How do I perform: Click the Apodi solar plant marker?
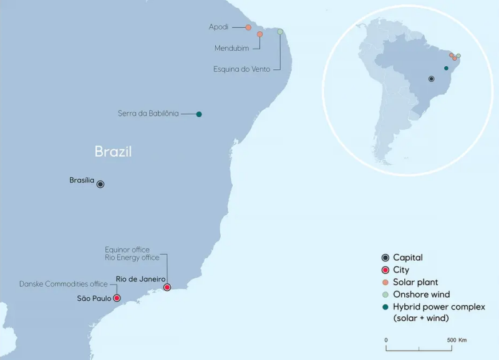[x=248, y=27]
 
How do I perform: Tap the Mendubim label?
[x=232, y=47]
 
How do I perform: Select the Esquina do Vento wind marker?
[x=280, y=31]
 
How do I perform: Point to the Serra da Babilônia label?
[x=148, y=114]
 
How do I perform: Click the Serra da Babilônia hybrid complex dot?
[x=199, y=114]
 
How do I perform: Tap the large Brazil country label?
[x=113, y=151]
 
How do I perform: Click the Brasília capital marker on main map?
[x=100, y=184]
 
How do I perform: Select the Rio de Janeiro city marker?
[x=167, y=287]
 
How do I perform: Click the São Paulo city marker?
[x=117, y=298]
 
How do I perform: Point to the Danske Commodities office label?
[x=64, y=284]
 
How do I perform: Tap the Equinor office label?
[x=127, y=250]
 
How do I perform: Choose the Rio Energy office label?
[x=132, y=257]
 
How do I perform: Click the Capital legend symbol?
[x=385, y=258]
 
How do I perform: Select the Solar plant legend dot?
[x=385, y=283]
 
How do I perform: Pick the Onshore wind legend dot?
[x=385, y=294]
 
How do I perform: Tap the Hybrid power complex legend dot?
[x=385, y=307]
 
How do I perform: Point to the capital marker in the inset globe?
[x=431, y=79]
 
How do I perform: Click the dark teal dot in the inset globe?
[x=446, y=68]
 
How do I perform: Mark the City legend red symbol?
[x=385, y=270]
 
